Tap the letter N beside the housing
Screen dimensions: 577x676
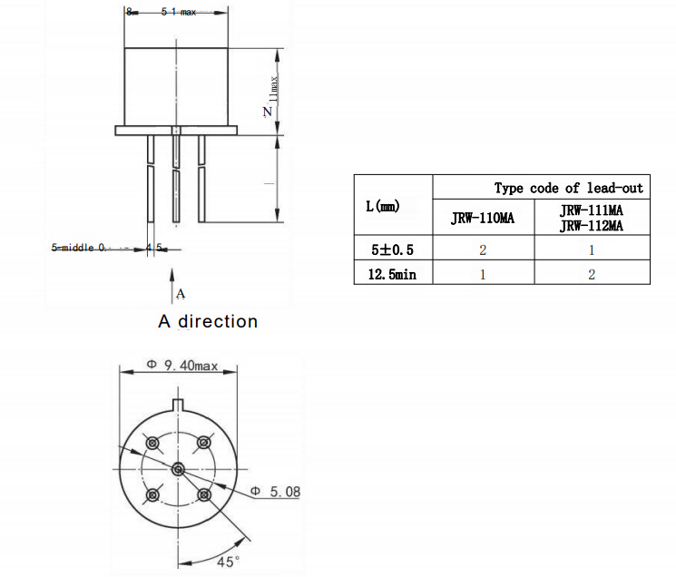click(x=267, y=112)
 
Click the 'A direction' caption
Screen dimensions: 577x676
click(x=208, y=321)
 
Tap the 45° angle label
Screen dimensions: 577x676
click(x=228, y=562)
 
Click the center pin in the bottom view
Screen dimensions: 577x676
click(x=178, y=469)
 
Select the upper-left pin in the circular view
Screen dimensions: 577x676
click(x=152, y=443)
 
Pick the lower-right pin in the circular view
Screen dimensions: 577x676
click(x=204, y=495)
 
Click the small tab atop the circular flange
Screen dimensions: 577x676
click(x=178, y=404)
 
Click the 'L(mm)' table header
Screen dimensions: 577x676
click(x=392, y=207)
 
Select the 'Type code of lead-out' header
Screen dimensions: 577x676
click(x=568, y=188)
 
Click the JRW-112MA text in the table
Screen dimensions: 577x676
click(x=591, y=226)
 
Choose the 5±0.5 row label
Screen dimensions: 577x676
click(x=392, y=249)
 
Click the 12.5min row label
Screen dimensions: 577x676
click(x=392, y=273)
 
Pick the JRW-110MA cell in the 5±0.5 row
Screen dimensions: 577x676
click(x=483, y=249)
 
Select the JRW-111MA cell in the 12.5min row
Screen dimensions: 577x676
click(x=591, y=273)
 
